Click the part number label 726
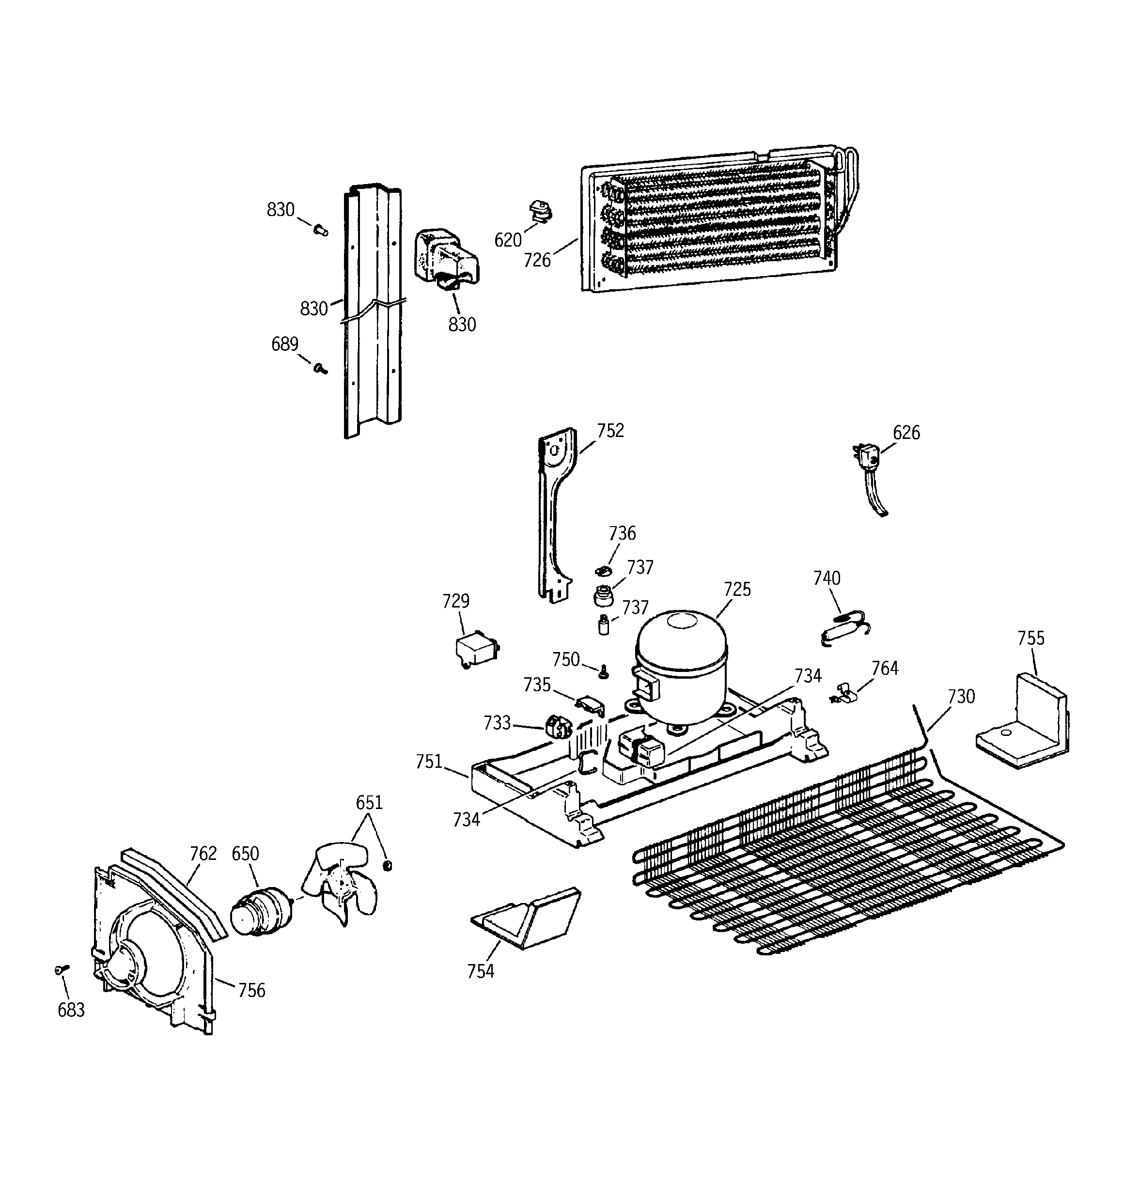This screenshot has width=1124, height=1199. (537, 261)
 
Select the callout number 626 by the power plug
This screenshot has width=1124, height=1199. (906, 433)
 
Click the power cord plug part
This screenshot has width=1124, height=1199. (866, 457)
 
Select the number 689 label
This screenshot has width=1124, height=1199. (285, 344)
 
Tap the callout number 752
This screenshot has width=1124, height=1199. (610, 431)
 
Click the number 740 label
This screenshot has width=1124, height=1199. (827, 578)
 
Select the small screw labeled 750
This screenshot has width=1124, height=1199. (602, 672)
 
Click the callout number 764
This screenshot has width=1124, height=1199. (885, 668)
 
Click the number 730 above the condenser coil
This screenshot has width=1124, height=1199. (961, 697)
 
